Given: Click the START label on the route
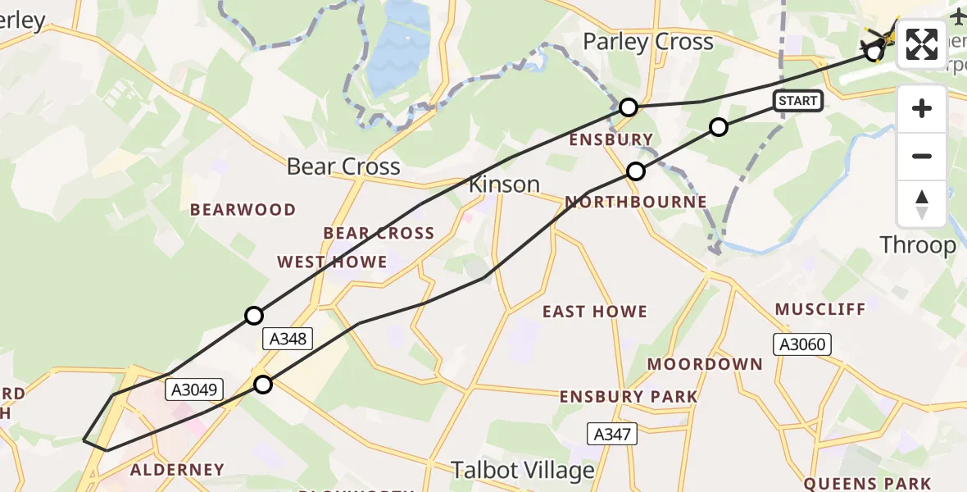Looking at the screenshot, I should [798, 101].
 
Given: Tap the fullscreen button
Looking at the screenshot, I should [922, 44].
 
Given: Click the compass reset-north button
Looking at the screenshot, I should [922, 204].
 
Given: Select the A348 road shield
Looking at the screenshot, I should [287, 338].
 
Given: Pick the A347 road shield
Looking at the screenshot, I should [612, 434].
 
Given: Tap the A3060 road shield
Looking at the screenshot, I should [804, 344].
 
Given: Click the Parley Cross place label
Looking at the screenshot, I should [647, 42].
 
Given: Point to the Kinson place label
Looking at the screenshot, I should [504, 184].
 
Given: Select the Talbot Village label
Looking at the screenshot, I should [523, 470].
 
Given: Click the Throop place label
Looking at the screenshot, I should [917, 244].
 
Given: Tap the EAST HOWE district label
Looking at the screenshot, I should [595, 312].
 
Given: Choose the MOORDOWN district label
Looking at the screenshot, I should [705, 363].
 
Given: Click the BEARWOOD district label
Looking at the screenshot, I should [243, 210].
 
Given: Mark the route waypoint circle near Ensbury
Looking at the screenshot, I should [628, 107].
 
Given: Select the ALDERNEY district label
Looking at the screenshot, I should [177, 470].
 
